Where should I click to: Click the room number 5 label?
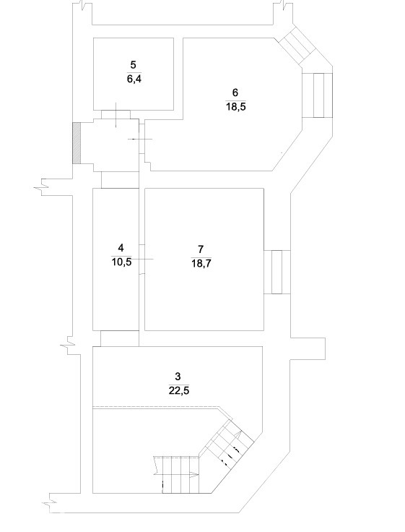coord(133,65)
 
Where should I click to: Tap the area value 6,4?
coord(134,80)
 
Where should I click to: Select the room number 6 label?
coord(235,93)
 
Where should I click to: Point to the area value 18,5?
coord(236,107)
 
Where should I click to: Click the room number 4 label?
coord(121,248)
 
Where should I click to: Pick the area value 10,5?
coord(121,262)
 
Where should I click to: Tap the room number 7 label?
coord(201,249)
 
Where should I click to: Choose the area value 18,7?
coord(201,264)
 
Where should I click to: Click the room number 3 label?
coord(178,377)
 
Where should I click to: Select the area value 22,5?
coord(178,391)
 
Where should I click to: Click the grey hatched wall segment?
coord(77,143)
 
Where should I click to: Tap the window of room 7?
coord(277,272)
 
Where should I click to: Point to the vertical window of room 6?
coord(318,95)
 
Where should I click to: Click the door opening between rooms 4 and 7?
coord(142,259)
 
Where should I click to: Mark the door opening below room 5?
coord(116,114)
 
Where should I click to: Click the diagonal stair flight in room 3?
coord(227,442)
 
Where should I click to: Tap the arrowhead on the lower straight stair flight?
coord(194,475)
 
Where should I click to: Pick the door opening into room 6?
coord(142,139)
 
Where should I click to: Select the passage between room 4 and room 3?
coord(120,338)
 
